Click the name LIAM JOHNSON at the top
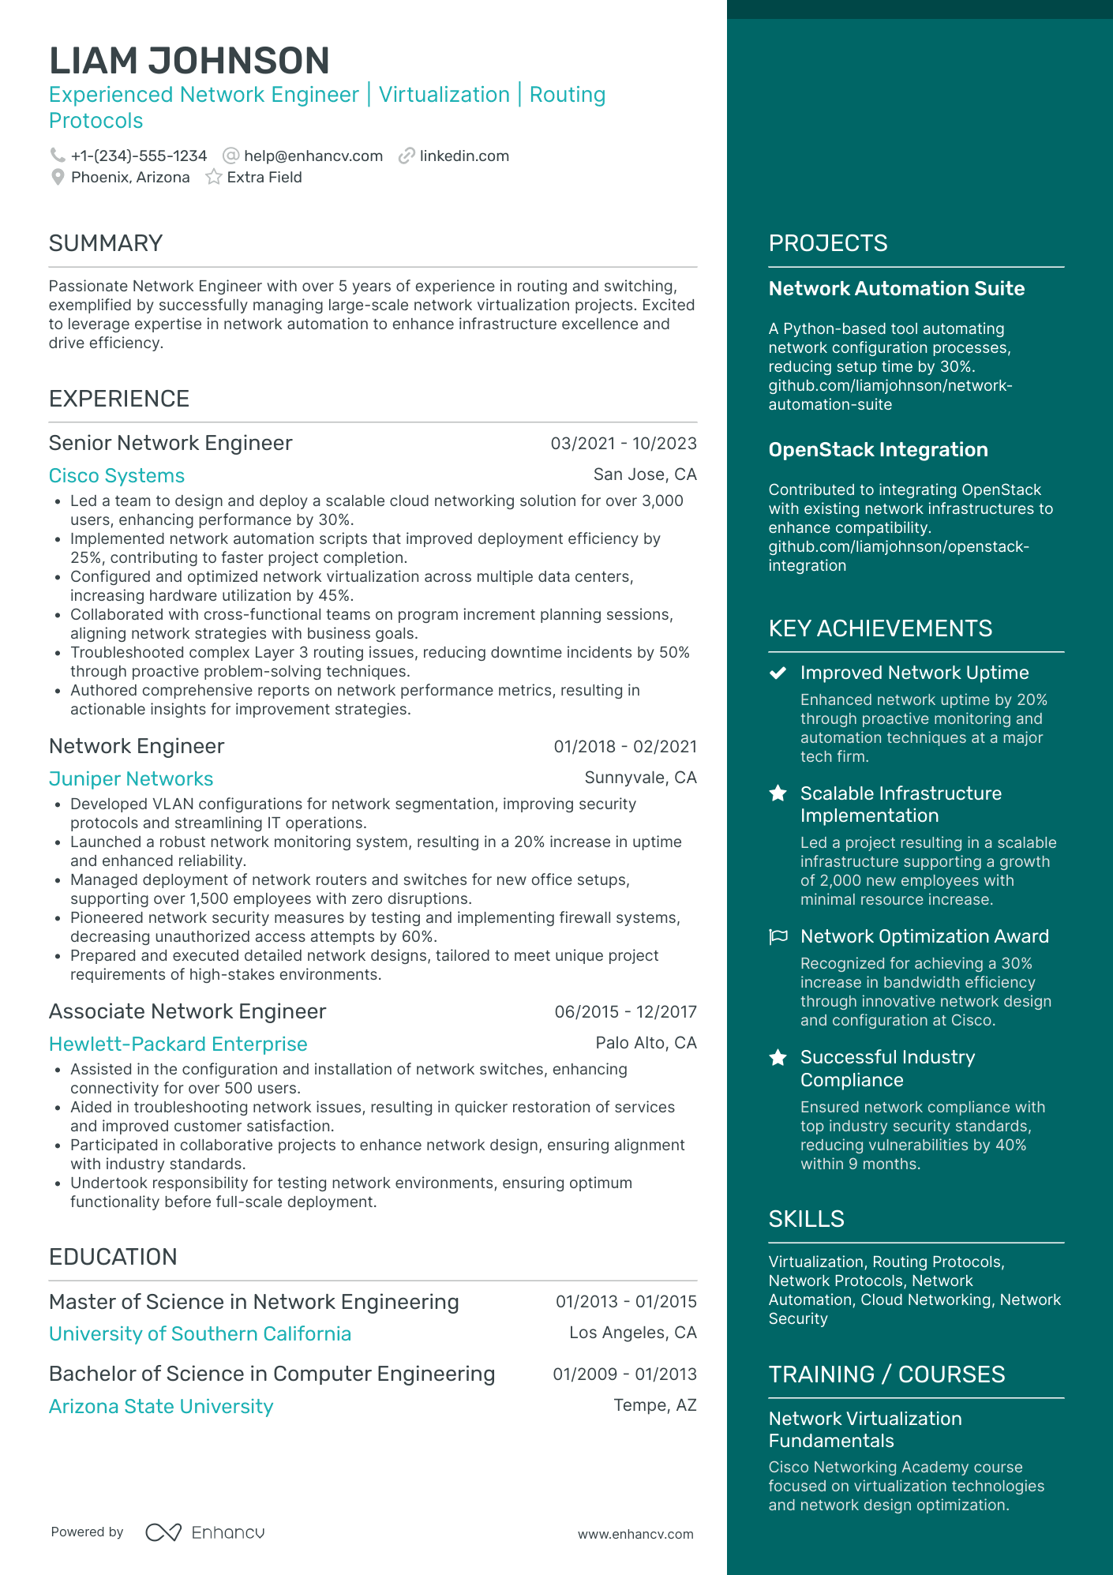pos(189,61)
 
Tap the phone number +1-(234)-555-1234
pos(139,156)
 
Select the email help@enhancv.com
pos(313,156)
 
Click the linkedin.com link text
pos(464,156)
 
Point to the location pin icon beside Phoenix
pos(58,178)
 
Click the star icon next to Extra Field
pos(213,178)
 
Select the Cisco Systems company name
pos(117,476)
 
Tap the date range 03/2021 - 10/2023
pos(624,444)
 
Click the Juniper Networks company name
pos(131,779)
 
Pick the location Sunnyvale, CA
pos(640,778)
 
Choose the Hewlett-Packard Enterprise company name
pos(178,1044)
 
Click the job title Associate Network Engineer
pos(187,1011)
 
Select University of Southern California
pos(200,1334)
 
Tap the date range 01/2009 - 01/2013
pos(624,1374)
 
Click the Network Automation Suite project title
pos(897,289)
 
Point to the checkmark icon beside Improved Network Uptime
pos(778,673)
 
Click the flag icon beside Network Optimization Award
pos(778,936)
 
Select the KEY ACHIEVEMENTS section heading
pos(880,628)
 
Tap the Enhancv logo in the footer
pos(205,1532)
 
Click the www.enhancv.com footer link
pos(635,1534)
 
